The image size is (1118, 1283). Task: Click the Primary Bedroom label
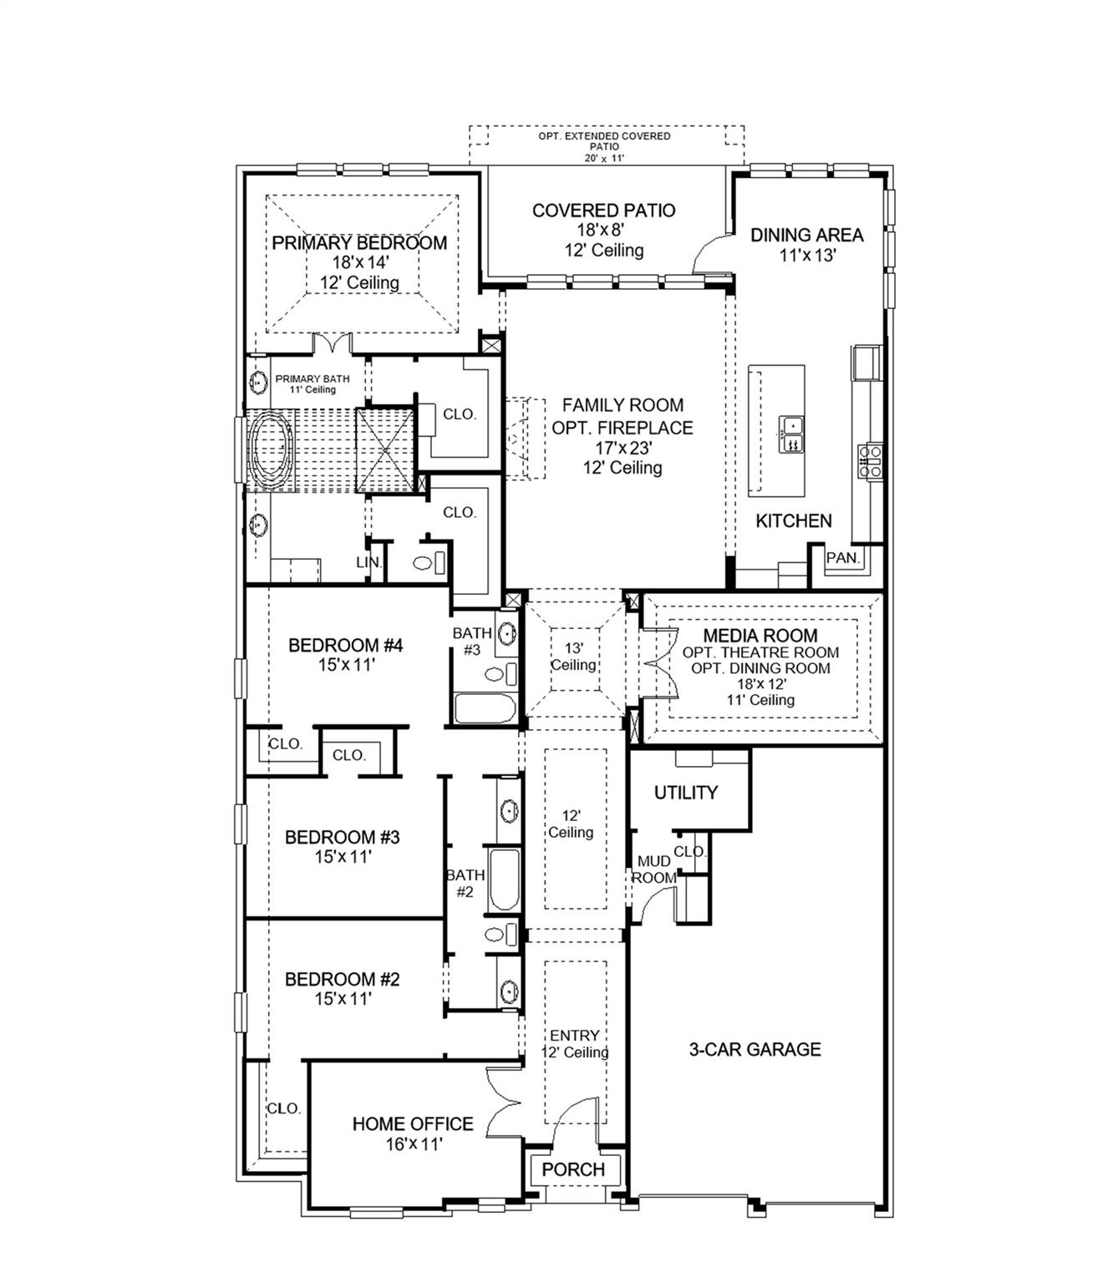pos(359,243)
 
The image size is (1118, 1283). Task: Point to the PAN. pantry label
pos(842,558)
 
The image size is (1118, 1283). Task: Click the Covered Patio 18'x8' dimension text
pos(603,231)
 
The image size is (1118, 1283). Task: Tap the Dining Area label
pos(806,235)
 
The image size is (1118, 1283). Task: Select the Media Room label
pos(760,636)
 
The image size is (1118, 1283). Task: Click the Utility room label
pos(685,793)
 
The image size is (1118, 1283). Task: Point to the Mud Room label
pos(653,870)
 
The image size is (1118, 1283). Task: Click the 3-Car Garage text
pos(755,1049)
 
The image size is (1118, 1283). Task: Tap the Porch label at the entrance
pos(573,1169)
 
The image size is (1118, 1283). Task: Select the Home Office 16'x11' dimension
pos(413,1144)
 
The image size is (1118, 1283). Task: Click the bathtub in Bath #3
pos(485,709)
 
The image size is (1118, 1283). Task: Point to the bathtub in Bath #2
pos(504,880)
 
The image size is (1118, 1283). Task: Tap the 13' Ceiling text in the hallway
pos(573,657)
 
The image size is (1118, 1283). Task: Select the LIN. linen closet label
pos(368,562)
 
